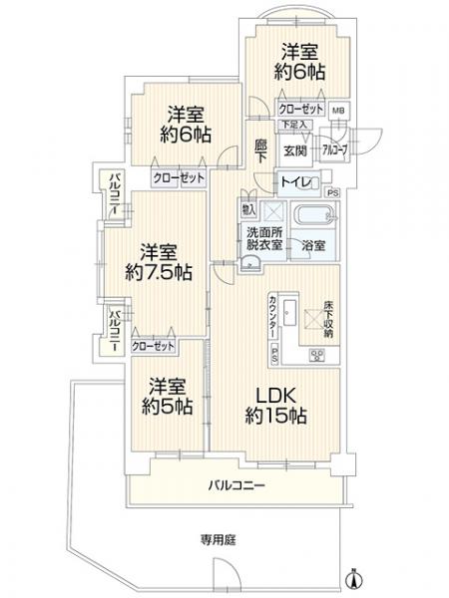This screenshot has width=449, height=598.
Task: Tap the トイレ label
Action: [x=292, y=181]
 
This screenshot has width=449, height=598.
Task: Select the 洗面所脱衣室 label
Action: [x=264, y=239]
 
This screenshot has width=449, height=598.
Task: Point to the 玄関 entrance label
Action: [x=293, y=149]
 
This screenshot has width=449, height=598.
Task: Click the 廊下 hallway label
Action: [x=259, y=149]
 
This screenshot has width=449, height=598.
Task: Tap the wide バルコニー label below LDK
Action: [x=236, y=486]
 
